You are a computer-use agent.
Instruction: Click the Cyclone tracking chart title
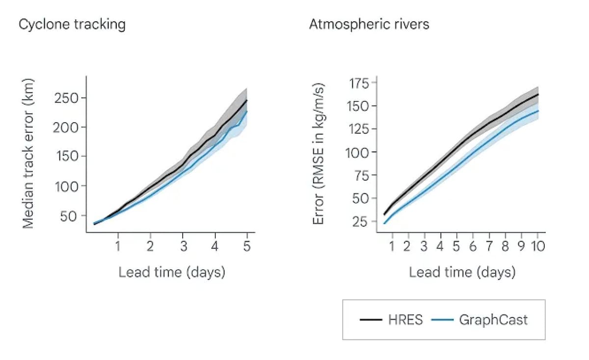(x=72, y=24)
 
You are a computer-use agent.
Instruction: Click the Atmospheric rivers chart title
(x=369, y=24)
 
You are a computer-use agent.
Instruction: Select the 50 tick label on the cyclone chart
(x=70, y=216)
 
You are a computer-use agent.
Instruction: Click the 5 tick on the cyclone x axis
(x=247, y=246)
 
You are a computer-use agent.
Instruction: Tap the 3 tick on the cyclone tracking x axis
(x=183, y=246)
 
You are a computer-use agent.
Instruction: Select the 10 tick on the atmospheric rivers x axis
(x=538, y=246)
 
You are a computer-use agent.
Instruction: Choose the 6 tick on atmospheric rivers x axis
(x=473, y=246)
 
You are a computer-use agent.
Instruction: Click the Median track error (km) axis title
(x=29, y=152)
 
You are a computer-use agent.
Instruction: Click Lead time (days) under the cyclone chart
(x=171, y=272)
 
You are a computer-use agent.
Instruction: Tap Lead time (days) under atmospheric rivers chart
(x=462, y=272)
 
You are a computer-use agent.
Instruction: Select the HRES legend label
(x=405, y=320)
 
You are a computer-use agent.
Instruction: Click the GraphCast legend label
(x=493, y=320)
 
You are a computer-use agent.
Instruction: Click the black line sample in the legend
(x=371, y=320)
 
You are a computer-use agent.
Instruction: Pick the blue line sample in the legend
(x=442, y=320)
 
